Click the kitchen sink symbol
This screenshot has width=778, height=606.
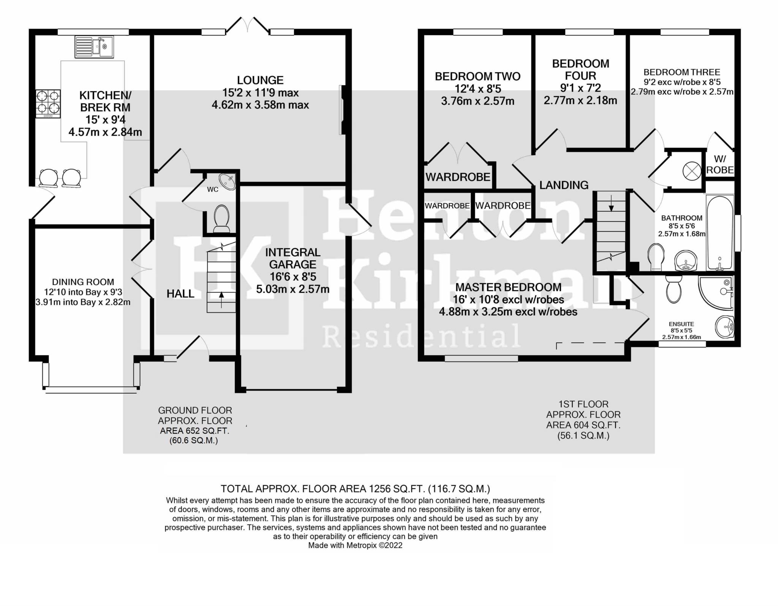tap(94, 46)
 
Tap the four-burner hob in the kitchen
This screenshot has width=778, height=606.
tap(48, 103)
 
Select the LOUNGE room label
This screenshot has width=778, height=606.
tap(260, 80)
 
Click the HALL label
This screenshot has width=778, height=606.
tap(180, 293)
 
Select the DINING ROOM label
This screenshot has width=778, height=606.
tap(83, 282)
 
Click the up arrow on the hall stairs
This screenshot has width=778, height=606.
tap(221, 294)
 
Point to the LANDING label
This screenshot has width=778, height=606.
tap(564, 185)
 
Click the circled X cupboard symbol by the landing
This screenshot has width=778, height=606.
tap(691, 171)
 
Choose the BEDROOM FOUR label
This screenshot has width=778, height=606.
tap(580, 70)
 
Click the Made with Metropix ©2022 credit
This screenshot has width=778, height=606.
tap(355, 545)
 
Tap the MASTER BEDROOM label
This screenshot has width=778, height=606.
tap(508, 287)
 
